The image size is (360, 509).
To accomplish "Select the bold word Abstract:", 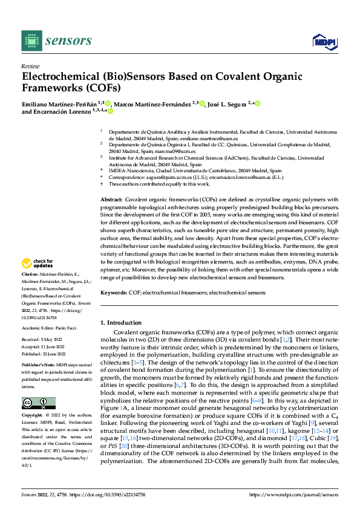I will pyautogui.click(x=111, y=199).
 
